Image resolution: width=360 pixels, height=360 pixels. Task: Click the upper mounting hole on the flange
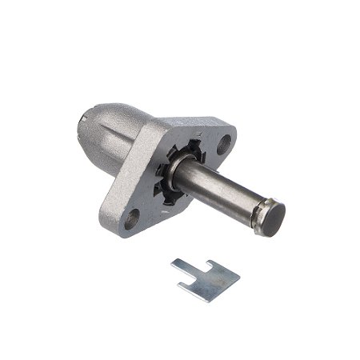[x=224, y=145]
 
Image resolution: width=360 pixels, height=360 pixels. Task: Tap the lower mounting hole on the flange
[x=132, y=214]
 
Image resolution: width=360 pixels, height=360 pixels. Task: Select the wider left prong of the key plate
[x=186, y=268]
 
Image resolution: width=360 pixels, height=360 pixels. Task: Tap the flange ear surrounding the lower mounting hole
[x=130, y=220]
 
